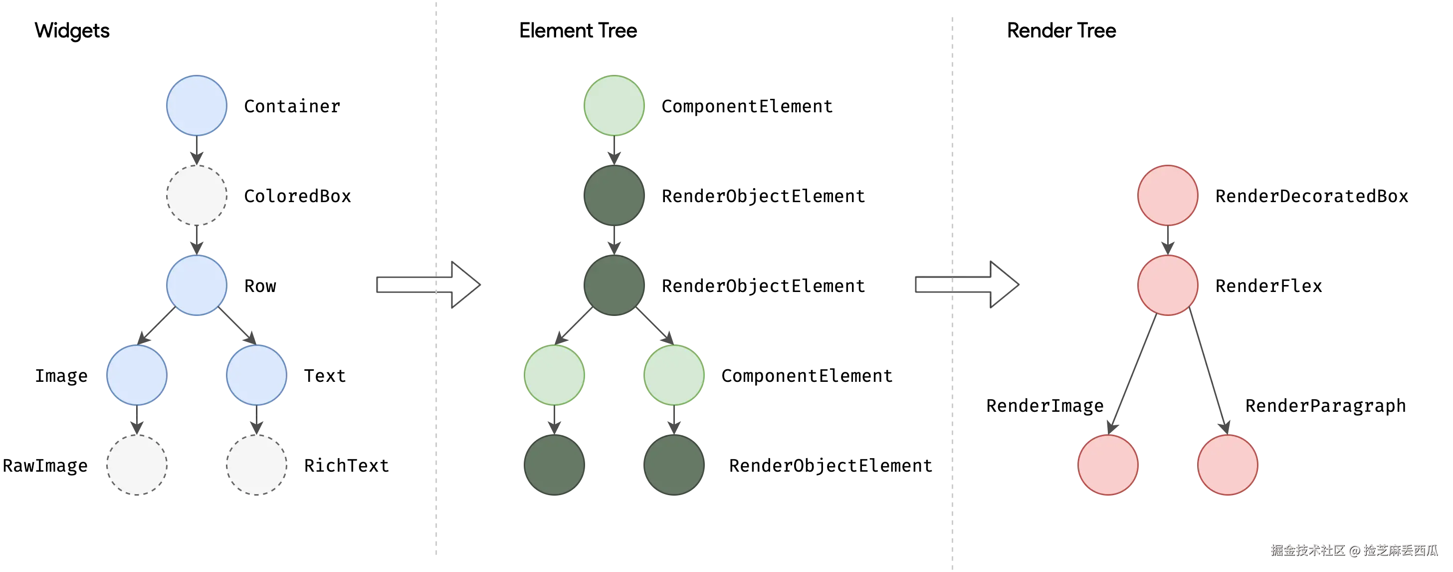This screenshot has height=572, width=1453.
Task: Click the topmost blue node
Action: click(x=197, y=105)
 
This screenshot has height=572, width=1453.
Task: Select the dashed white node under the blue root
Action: click(x=197, y=195)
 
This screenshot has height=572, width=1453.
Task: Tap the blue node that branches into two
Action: click(x=197, y=285)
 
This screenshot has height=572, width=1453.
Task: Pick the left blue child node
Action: click(x=137, y=374)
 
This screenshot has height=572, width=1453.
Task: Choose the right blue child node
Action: click(x=256, y=374)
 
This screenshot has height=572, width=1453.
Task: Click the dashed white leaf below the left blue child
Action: click(x=137, y=464)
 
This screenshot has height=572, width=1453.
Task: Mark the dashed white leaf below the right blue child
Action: click(x=256, y=464)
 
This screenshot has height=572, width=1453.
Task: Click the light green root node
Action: click(x=614, y=105)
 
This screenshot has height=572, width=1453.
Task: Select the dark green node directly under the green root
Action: click(x=614, y=195)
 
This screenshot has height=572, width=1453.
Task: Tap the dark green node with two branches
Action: click(x=614, y=285)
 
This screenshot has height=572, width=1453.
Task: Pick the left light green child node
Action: click(x=555, y=374)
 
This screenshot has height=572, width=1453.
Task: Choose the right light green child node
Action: click(x=674, y=374)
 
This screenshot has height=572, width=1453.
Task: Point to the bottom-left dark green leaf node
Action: click(x=555, y=464)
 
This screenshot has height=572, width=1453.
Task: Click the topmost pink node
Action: click(x=1168, y=195)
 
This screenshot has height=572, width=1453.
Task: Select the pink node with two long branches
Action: click(x=1168, y=285)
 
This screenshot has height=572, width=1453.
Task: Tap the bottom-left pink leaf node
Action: click(x=1108, y=464)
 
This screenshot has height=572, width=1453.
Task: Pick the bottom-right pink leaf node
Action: click(x=1228, y=464)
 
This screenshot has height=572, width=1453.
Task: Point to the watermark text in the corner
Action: click(x=1354, y=550)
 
